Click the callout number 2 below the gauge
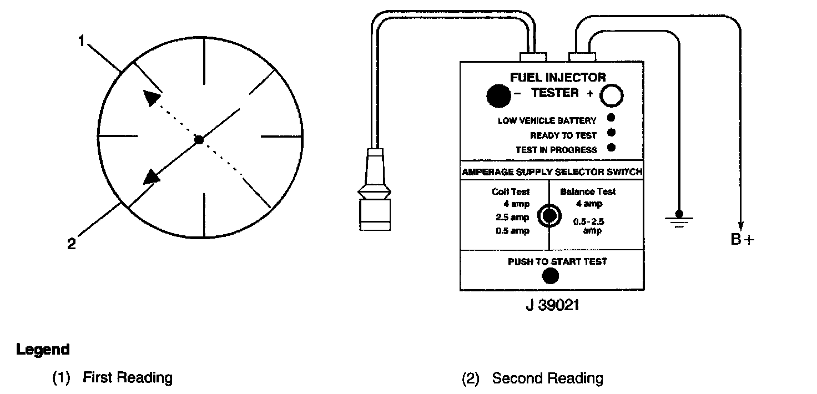[x=72, y=244]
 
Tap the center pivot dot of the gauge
[x=200, y=140]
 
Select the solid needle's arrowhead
[x=151, y=177]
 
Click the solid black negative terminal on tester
[x=498, y=95]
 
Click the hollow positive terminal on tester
[x=612, y=95]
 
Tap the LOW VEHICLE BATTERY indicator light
[x=612, y=118]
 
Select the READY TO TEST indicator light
[x=612, y=133]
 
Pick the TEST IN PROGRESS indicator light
[x=612, y=148]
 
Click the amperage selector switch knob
[x=549, y=216]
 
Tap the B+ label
[x=743, y=240]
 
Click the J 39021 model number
[x=552, y=306]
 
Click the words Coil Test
[x=511, y=191]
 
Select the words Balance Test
[x=588, y=191]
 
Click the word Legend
[x=43, y=350]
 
